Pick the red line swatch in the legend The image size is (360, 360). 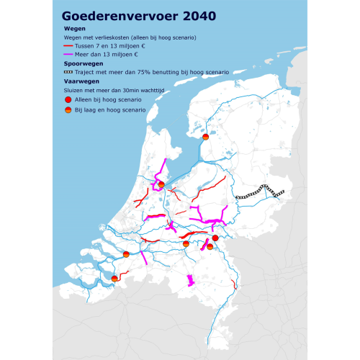pyautogui.click(x=68, y=46)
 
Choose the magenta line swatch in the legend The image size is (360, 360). pyautogui.click(x=68, y=55)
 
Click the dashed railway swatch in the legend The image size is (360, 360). pyautogui.click(x=68, y=72)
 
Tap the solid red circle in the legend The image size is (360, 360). pyautogui.click(x=68, y=99)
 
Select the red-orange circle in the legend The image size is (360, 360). pyautogui.click(x=68, y=111)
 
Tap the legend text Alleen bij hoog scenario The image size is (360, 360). pyautogui.click(x=110, y=99)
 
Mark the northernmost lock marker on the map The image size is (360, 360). pyautogui.click(x=205, y=136)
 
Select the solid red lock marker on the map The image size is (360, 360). pyautogui.click(x=215, y=238)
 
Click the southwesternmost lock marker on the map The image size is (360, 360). pyautogui.click(x=114, y=277)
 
